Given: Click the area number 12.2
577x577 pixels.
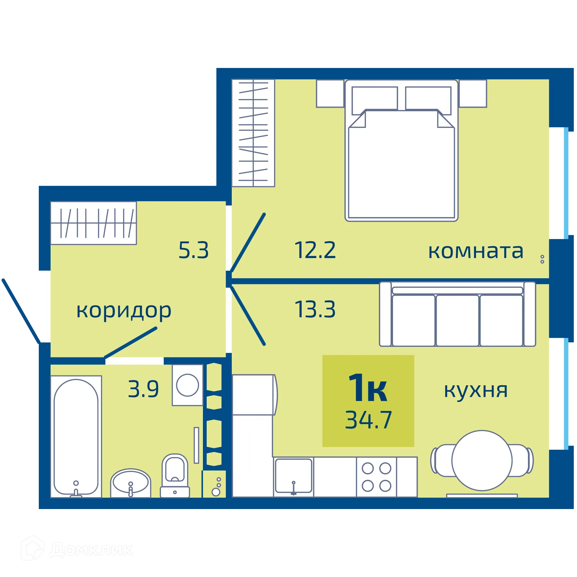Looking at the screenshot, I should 315,250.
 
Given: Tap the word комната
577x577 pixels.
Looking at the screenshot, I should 476,251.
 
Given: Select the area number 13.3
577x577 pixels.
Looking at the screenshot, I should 315,310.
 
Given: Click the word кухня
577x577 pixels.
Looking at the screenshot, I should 476,391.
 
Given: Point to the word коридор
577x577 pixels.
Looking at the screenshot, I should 124,311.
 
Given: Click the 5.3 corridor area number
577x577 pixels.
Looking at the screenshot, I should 193,250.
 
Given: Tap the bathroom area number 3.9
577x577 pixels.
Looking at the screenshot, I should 143,389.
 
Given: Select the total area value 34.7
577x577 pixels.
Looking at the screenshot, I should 368,420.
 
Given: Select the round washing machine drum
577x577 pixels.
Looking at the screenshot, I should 188,385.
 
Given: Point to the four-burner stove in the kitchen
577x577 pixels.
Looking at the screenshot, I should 376,477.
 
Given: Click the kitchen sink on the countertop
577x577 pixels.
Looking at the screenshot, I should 293,475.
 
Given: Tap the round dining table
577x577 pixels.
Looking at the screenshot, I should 482,461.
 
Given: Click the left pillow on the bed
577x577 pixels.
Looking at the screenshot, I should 374,100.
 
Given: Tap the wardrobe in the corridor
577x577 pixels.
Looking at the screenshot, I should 94,223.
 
